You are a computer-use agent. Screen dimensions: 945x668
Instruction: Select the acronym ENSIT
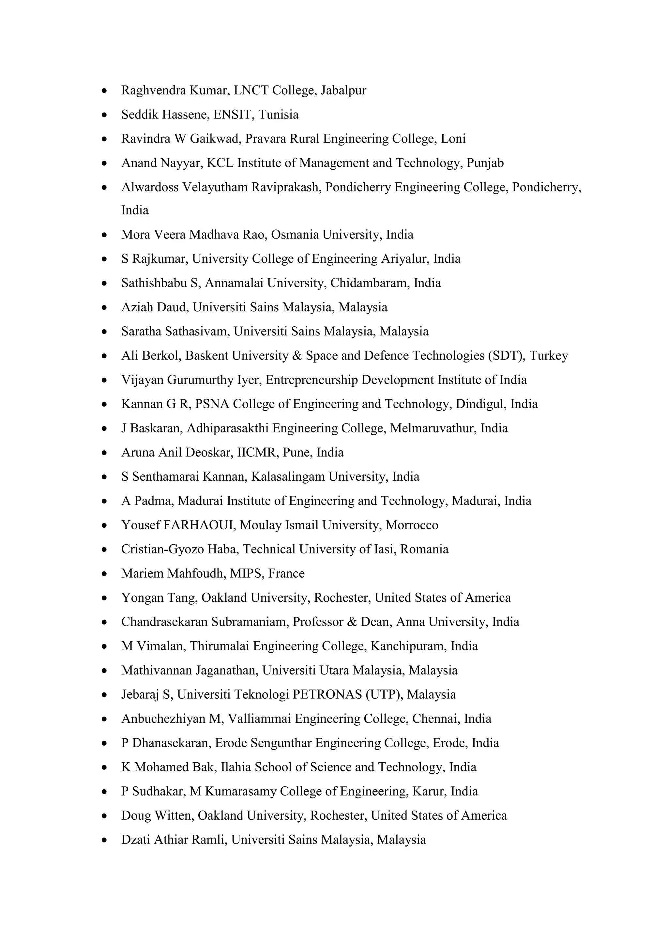point(232,115)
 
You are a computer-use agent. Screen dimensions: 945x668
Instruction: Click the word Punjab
point(485,163)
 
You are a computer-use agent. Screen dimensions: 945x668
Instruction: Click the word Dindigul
point(481,404)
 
